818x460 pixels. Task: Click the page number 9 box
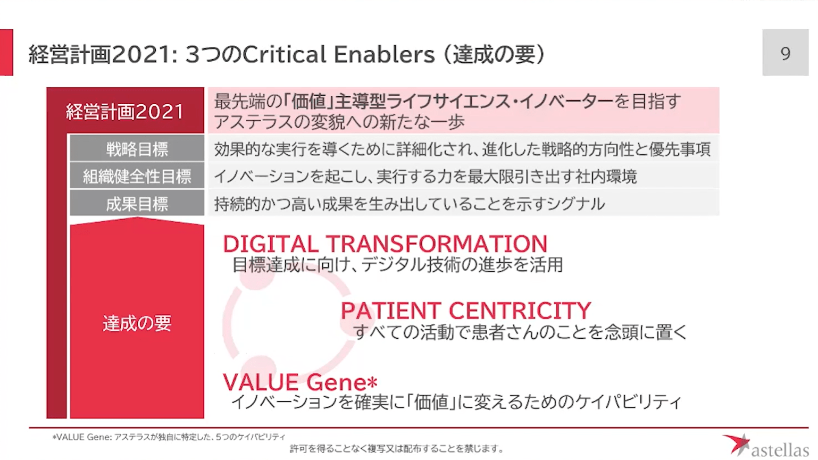[786, 53]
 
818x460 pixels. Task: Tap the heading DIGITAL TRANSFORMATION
[385, 244]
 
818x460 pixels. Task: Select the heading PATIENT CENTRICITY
[466, 311]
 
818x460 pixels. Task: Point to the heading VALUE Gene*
[300, 382]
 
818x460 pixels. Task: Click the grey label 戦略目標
[137, 149]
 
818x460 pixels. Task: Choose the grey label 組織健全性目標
[137, 176]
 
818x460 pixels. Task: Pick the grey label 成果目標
[137, 204]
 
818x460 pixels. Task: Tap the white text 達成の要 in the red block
[137, 323]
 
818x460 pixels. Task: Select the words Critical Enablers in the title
[339, 54]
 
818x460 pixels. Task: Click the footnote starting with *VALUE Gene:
[169, 437]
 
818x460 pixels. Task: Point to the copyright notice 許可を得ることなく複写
[397, 449]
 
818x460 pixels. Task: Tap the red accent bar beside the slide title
[6, 53]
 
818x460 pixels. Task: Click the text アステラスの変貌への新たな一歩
[339, 122]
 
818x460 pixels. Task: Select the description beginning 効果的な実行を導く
[462, 149]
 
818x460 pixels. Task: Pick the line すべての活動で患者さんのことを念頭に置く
[521, 332]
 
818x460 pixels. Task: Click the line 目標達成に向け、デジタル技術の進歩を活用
[398, 265]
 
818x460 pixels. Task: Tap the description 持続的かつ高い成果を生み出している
[410, 204]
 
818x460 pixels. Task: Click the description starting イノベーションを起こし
[425, 177]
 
